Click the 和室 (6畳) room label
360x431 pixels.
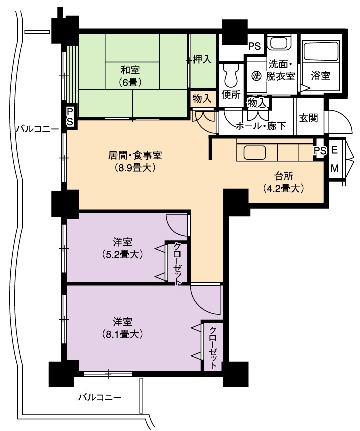coord(130,76)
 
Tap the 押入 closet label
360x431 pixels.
coord(202,59)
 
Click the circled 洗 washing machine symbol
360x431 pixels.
coord(256,76)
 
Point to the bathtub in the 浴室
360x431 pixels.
coord(321,51)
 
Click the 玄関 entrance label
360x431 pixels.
coord(309,118)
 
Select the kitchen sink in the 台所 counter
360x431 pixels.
coord(255,153)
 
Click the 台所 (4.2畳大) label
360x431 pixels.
coord(284,182)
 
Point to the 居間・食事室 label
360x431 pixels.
coord(135,155)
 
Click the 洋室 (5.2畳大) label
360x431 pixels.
coord(122,248)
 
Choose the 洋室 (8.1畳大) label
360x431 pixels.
coord(122,328)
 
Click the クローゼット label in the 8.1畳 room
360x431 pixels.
coord(213,347)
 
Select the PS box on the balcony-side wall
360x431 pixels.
coord(70,116)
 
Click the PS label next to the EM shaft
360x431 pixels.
coord(320,151)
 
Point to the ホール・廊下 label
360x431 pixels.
coord(261,126)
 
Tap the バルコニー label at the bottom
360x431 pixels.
coord(100,397)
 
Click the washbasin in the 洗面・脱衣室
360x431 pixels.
coord(279,43)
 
